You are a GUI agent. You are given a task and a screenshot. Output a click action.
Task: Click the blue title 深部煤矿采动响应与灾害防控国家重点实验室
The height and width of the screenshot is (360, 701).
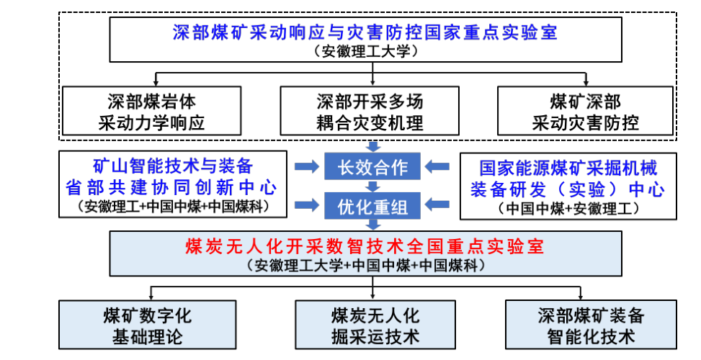coord(365,32)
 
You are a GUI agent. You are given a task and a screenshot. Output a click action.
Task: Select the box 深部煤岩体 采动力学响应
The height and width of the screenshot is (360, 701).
coord(151,111)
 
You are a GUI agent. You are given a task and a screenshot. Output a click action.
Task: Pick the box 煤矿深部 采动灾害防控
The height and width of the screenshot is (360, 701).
coord(585,111)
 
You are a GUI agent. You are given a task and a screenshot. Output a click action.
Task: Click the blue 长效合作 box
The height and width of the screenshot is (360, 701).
coord(372,168)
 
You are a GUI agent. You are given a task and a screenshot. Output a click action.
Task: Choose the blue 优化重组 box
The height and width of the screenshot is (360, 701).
coord(372,207)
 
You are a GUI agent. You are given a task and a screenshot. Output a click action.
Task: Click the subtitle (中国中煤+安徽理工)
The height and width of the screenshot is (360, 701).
coord(568,209)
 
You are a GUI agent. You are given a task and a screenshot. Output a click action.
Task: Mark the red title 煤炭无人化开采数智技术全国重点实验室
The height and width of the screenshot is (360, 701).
coord(365,247)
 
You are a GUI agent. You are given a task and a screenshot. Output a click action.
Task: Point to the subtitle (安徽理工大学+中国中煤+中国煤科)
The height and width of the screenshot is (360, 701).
coord(365,265)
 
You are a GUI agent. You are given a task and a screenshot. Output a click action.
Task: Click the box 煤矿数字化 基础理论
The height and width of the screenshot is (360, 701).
coord(148,325)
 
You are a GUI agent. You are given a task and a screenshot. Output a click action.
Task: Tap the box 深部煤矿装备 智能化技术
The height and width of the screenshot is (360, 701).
coord(591,325)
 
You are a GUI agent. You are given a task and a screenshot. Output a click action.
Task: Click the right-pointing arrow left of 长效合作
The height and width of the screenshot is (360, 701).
coord(305,167)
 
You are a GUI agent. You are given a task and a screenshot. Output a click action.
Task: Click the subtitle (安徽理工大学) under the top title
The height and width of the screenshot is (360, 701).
coord(365,51)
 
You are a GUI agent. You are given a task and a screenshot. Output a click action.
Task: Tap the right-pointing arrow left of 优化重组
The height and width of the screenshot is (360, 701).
coord(305,207)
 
